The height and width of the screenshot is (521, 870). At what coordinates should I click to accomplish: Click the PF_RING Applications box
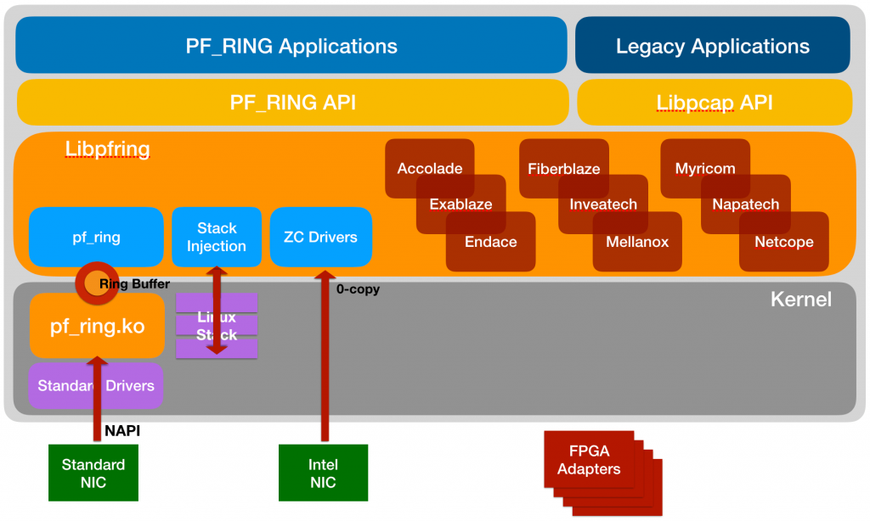click(x=291, y=45)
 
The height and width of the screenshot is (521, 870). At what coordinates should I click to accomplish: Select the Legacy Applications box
click(x=713, y=45)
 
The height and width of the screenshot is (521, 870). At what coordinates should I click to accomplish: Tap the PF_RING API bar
click(x=292, y=103)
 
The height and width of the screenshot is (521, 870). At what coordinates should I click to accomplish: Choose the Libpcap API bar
click(x=715, y=103)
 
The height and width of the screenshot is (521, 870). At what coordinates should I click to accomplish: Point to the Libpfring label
click(x=108, y=149)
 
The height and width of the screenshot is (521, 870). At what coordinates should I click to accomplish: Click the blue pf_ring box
click(x=96, y=238)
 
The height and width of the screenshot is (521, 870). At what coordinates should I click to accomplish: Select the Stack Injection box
click(x=217, y=238)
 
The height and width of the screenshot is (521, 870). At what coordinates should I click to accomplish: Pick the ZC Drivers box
click(x=320, y=238)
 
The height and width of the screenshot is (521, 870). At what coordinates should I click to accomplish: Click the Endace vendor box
click(x=491, y=243)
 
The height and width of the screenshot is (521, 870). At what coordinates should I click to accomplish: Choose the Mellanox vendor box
click(x=637, y=243)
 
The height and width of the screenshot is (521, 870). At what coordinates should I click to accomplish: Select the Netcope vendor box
click(x=784, y=243)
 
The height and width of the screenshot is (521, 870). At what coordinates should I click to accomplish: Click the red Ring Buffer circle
click(x=89, y=283)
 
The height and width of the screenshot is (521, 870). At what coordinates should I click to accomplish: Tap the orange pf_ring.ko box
click(x=97, y=327)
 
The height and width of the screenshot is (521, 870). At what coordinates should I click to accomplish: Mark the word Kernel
click(x=800, y=300)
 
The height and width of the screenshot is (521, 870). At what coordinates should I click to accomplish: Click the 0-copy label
click(x=358, y=289)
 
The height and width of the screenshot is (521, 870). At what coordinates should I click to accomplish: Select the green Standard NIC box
click(x=93, y=473)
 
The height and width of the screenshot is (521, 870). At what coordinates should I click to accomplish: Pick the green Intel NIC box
click(x=323, y=473)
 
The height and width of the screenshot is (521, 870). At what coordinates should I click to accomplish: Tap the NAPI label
click(x=122, y=431)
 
